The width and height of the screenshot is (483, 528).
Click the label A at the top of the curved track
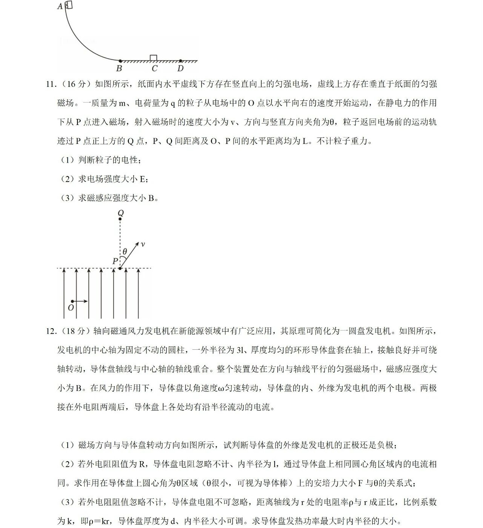point(60,6)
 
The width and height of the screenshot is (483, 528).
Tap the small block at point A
point(68,5)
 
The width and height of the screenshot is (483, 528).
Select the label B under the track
point(119,68)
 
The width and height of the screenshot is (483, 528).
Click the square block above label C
point(153,57)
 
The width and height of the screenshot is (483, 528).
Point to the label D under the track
point(181,68)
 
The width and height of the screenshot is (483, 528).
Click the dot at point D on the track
point(181,61)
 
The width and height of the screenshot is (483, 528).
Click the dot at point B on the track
point(120,61)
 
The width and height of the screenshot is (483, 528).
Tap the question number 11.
point(51,84)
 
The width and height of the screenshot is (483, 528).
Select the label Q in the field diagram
point(121,213)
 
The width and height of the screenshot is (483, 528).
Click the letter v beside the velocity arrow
point(143,244)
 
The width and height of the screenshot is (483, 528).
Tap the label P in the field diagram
point(115,261)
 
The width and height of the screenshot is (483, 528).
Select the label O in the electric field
point(71,308)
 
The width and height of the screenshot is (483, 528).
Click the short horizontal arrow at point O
point(80,301)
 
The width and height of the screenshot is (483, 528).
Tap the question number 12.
point(51,331)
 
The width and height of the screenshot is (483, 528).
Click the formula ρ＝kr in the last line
point(101,521)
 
